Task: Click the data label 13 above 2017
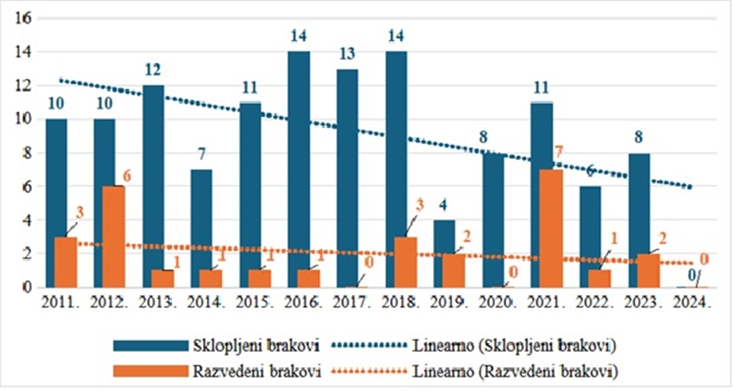(x=347, y=54)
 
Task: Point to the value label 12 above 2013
(x=153, y=70)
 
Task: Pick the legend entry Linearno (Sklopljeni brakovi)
(x=514, y=345)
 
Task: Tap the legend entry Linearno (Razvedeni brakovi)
(x=514, y=371)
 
